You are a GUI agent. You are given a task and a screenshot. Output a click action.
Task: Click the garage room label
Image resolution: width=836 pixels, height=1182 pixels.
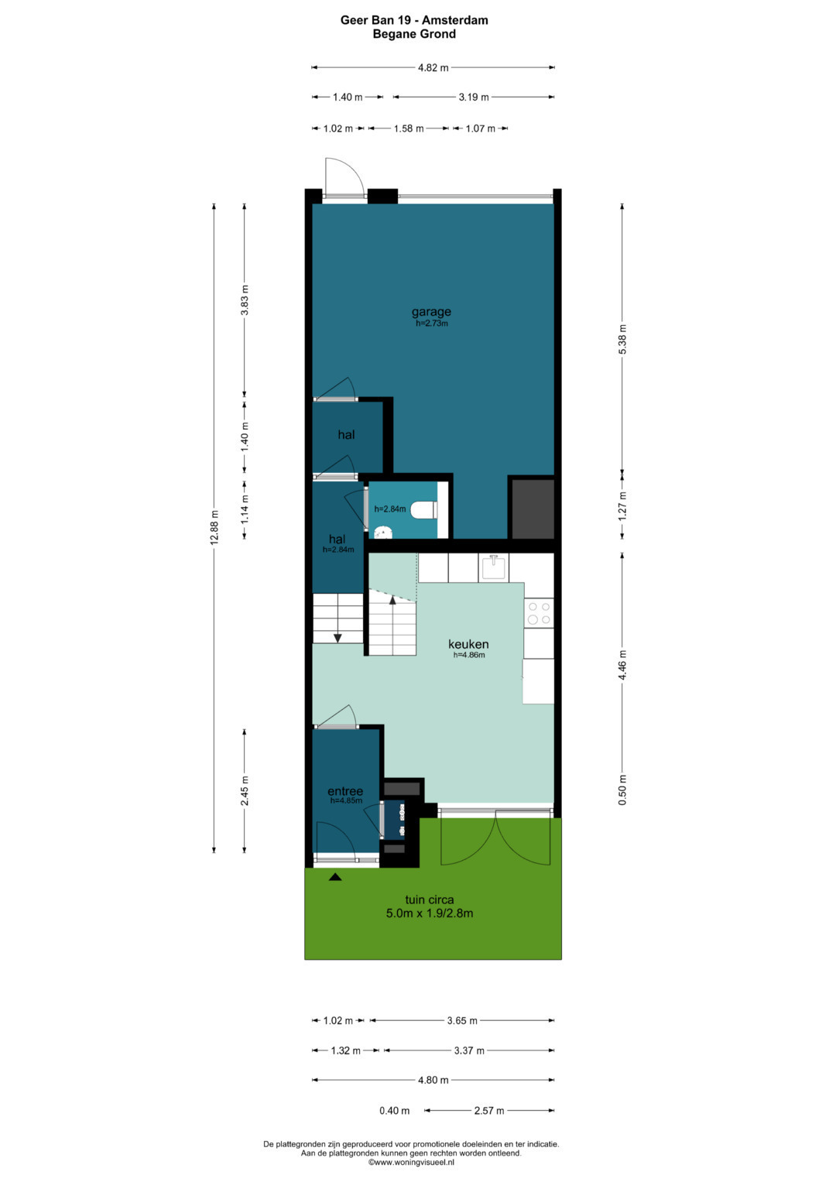pos(431,312)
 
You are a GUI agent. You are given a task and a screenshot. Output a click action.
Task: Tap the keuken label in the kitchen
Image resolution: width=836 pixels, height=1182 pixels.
pos(468,644)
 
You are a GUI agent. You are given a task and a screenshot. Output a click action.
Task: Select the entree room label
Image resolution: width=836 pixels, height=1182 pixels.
pos(345,791)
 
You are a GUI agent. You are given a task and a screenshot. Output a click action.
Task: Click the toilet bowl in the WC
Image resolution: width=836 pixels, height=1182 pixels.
pos(424,510)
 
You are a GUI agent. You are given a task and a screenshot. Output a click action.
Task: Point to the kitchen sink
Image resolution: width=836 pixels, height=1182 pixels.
pos(494,567)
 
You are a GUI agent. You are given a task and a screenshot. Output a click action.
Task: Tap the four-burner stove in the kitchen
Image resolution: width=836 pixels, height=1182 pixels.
pos(539,613)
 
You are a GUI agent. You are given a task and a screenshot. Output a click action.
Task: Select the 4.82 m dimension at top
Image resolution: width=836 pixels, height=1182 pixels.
pos(433,67)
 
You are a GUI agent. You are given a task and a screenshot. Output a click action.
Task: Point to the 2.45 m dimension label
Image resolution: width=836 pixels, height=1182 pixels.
pos(245,791)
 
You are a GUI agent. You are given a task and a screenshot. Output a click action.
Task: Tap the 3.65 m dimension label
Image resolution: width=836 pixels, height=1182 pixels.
pos(462,1020)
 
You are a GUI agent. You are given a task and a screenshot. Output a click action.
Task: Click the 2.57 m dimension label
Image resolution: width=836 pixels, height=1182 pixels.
pos(488,1111)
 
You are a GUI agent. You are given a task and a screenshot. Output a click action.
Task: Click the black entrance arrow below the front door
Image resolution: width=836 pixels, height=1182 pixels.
pos(335,877)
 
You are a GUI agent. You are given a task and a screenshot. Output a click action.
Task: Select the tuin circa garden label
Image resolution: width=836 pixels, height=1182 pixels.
pos(429,899)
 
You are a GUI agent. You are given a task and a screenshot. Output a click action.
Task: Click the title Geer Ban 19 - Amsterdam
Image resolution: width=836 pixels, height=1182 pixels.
pos(414,20)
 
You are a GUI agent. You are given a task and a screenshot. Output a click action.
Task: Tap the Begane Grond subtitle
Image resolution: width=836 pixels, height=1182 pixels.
pos(414,34)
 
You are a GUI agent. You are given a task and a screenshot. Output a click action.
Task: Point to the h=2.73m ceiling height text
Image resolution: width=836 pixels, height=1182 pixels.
pos(432,324)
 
